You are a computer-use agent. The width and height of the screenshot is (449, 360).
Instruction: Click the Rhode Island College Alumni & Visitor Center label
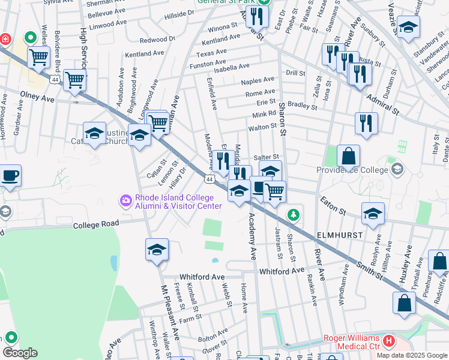178,203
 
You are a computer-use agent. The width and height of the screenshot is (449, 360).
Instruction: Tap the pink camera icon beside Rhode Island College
126,200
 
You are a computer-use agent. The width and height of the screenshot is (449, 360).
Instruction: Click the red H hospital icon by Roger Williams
389,341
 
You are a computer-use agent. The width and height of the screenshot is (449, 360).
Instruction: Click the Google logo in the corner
20,353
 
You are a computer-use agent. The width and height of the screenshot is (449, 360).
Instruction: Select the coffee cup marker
10,176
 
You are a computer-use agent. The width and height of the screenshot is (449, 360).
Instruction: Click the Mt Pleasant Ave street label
169,312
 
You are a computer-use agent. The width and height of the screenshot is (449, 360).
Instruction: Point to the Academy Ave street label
253,236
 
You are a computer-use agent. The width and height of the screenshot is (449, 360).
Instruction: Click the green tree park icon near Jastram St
293,214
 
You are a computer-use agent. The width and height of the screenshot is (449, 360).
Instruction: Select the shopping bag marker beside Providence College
348,157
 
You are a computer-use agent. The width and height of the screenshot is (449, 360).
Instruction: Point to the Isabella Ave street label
228,67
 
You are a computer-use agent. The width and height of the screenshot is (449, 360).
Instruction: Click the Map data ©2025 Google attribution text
412,355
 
